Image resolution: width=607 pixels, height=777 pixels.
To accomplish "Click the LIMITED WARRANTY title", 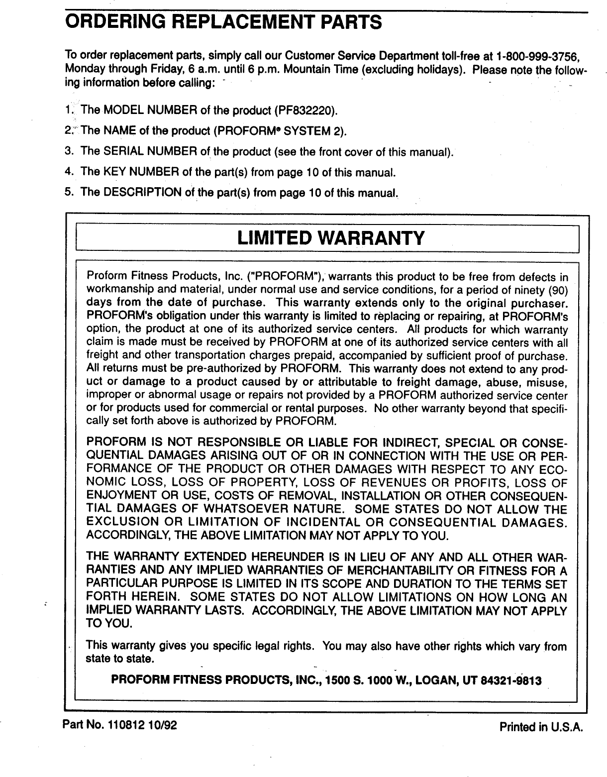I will [x=331, y=238].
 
